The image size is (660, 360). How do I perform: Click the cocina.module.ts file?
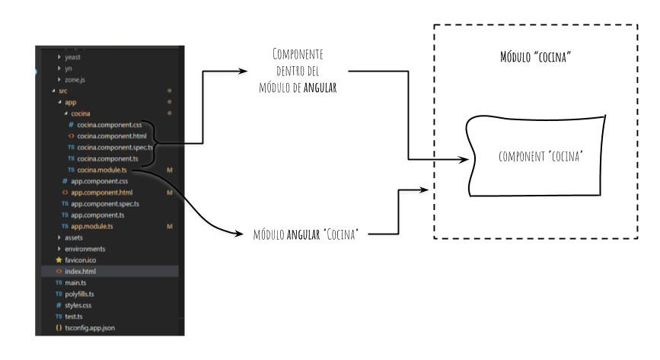point(102,170)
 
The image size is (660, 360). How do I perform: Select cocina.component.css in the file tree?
point(110,125)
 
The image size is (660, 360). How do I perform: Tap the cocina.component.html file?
point(112,136)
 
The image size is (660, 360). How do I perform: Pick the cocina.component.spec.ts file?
point(115,148)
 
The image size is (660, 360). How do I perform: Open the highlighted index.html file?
point(81,272)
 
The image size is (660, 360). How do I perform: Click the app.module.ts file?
point(92,227)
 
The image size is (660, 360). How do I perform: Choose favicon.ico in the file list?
point(81,260)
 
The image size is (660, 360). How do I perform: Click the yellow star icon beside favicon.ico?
point(59,260)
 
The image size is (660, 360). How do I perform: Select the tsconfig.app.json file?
point(90,328)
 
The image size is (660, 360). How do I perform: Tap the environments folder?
point(85,249)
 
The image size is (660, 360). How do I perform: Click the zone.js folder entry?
point(75,80)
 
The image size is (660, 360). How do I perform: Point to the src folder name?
point(62,91)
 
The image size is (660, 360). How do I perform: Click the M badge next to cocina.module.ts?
point(170,170)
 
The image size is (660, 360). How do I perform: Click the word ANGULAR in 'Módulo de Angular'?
point(320,88)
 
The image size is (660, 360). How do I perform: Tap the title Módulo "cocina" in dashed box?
point(535,57)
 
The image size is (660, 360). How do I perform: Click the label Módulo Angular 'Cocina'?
point(305,234)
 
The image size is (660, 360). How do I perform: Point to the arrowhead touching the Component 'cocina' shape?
point(464,160)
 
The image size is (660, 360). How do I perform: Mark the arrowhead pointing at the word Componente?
point(242,71)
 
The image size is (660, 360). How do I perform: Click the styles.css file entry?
point(78,305)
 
